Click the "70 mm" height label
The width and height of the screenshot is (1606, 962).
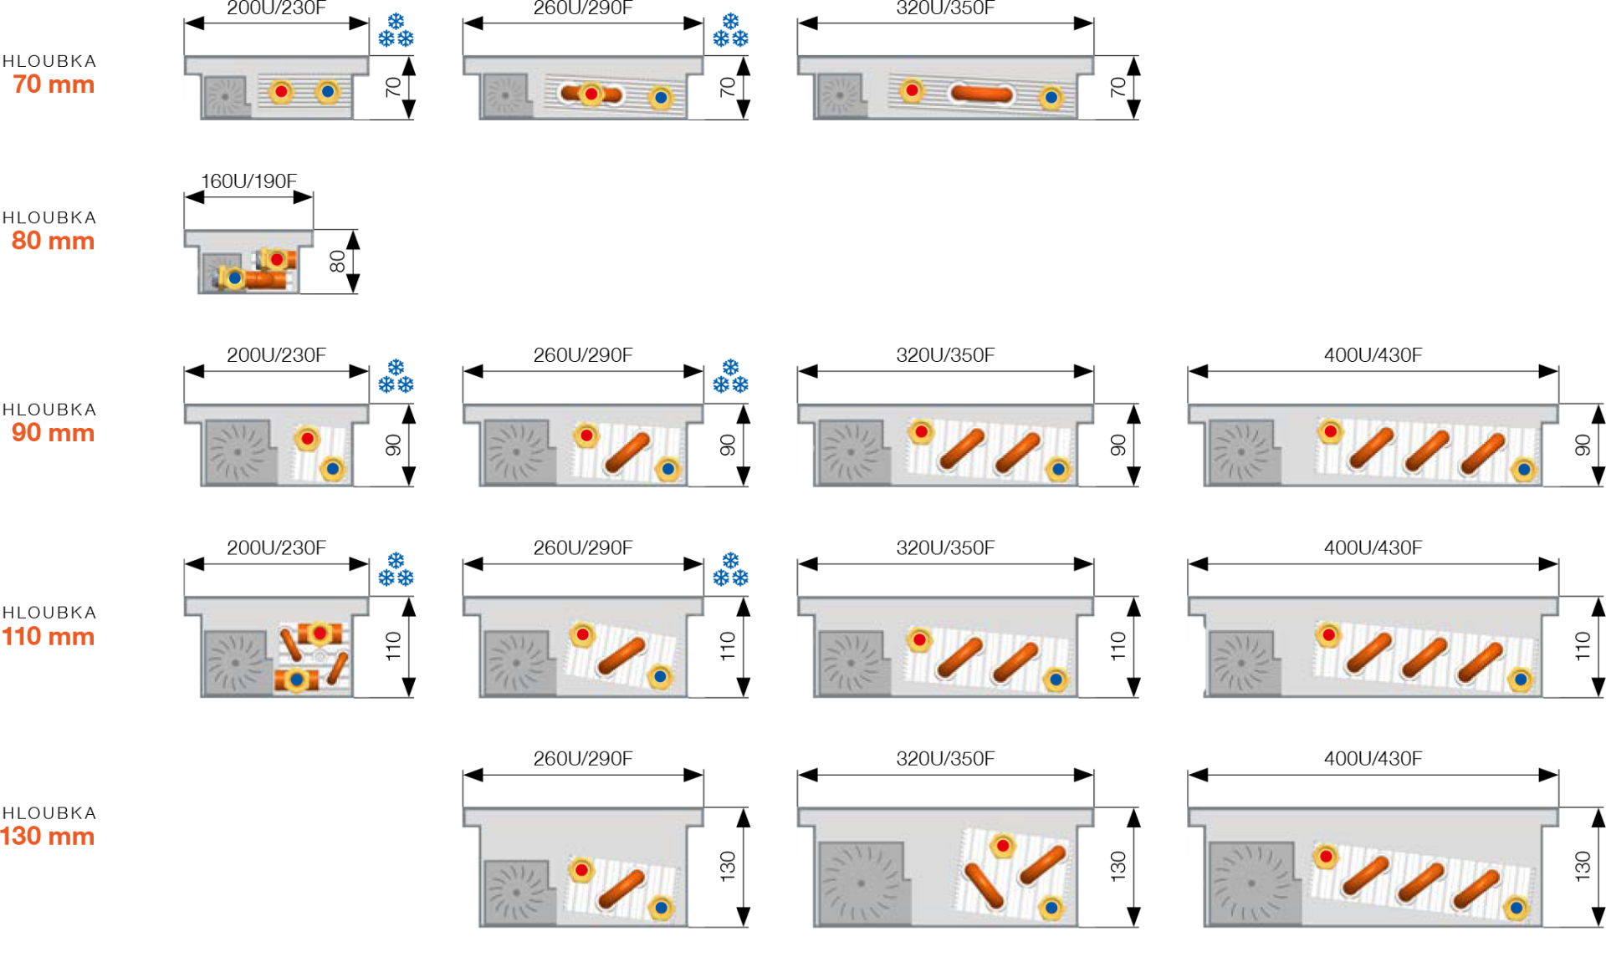[53, 84]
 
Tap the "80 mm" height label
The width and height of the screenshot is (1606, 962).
[53, 241]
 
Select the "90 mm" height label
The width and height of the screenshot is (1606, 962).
[53, 432]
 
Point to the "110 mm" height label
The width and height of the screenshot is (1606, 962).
[48, 636]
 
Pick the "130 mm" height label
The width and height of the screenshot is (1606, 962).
[48, 836]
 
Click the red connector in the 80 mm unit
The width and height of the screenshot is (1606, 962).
[277, 259]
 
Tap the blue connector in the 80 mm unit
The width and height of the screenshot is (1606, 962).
[234, 277]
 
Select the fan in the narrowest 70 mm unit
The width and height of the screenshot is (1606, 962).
[225, 97]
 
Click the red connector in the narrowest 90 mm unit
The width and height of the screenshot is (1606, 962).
[307, 438]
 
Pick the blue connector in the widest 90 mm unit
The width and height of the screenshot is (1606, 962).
[1524, 470]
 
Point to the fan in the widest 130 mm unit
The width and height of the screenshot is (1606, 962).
[1251, 883]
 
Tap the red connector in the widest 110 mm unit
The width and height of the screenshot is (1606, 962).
[1327, 635]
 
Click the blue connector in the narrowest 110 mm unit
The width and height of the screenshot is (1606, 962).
[296, 680]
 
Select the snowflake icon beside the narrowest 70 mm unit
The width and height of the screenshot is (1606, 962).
[396, 31]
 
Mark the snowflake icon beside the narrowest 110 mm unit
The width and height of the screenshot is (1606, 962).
[396, 570]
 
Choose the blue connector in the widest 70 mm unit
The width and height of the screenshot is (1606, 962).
[1051, 98]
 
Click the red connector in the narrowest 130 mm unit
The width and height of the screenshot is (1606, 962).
[581, 870]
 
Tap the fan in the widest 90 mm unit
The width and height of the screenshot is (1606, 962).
[1241, 452]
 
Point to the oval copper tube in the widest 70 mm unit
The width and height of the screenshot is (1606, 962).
[981, 93]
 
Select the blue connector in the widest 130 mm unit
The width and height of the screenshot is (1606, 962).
[1516, 908]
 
